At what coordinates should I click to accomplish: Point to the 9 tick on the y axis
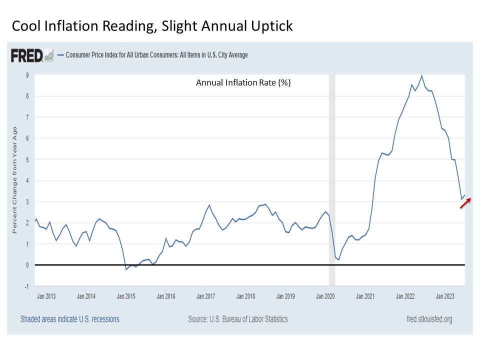click(27, 75)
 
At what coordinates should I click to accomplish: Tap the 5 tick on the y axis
click(27, 159)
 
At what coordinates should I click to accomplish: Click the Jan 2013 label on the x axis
click(46, 296)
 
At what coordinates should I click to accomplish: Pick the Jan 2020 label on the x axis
click(325, 296)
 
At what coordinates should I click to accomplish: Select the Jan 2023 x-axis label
click(445, 296)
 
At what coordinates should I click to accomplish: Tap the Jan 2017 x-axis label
click(206, 296)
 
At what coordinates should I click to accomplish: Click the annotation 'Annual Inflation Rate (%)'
click(243, 83)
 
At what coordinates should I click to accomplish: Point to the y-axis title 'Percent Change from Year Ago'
click(14, 180)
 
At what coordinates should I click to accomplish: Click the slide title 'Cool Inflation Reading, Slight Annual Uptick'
click(152, 26)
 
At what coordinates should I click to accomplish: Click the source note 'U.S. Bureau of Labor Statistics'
click(237, 318)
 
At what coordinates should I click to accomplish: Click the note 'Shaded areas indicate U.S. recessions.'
click(70, 318)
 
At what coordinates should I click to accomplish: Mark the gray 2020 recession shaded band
click(331, 180)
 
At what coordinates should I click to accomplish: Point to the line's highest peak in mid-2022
click(422, 76)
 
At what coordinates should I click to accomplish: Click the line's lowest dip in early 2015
click(126, 269)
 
